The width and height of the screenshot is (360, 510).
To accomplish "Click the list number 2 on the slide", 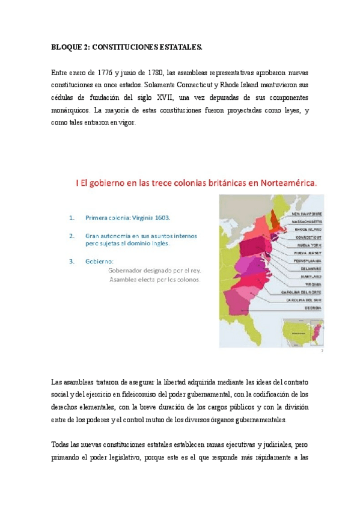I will coord(72,235).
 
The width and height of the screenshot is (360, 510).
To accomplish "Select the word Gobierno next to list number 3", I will coord(99,261).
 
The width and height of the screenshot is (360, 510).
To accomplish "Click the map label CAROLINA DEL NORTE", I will coord(302,292).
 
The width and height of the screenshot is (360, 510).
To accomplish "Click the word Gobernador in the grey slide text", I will coord(127,270).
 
